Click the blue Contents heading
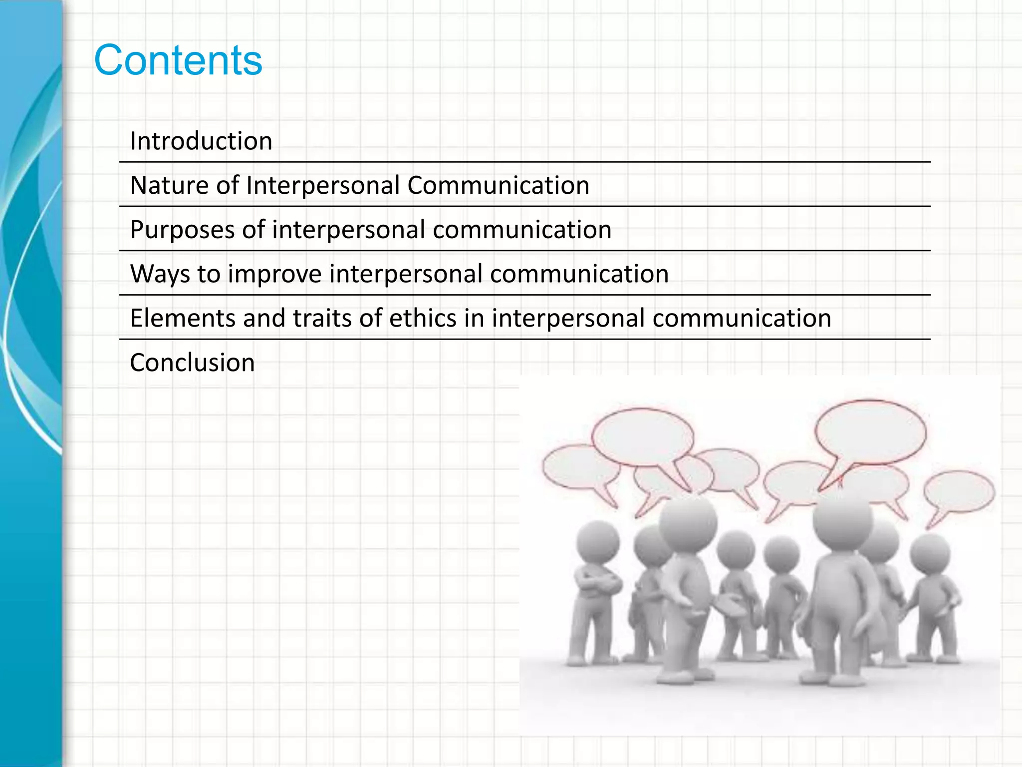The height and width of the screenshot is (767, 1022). pyautogui.click(x=178, y=60)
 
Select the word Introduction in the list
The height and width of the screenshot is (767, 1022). pyautogui.click(x=201, y=141)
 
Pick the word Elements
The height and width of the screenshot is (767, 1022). pyautogui.click(x=183, y=318)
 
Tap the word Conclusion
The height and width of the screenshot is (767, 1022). pyautogui.click(x=192, y=363)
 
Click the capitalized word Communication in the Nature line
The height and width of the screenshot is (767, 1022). pyautogui.click(x=498, y=185)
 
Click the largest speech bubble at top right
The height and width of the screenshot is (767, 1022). pyautogui.click(x=870, y=432)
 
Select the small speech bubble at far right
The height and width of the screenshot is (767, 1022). pyautogui.click(x=959, y=492)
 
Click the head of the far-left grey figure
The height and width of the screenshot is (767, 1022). pyautogui.click(x=597, y=543)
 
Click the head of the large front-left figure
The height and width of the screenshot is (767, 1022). pyautogui.click(x=688, y=522)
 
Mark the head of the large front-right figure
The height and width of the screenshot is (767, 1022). pyautogui.click(x=842, y=519)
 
